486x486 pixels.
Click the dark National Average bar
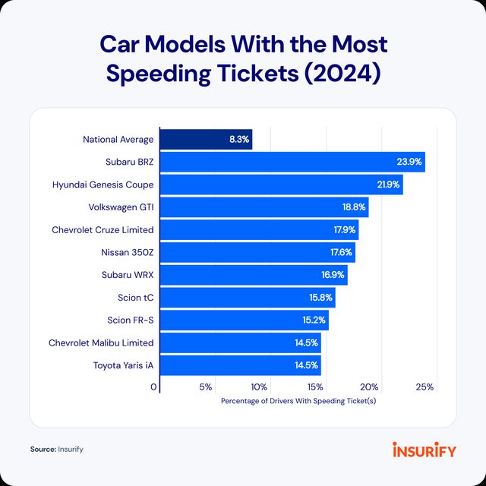(x=206, y=140)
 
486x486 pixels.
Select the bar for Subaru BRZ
(x=292, y=162)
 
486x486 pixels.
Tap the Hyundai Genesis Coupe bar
(x=281, y=185)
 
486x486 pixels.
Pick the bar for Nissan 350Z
(x=257, y=251)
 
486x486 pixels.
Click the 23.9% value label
(x=408, y=162)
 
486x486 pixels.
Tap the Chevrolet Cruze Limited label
(x=103, y=229)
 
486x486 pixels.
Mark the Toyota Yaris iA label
(x=123, y=364)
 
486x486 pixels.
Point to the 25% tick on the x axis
(x=425, y=387)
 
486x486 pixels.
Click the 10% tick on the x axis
(x=260, y=387)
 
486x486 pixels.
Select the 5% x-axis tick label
(x=206, y=387)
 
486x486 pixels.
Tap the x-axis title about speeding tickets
(x=298, y=401)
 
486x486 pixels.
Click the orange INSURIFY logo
(x=424, y=450)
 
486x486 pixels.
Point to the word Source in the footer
(x=43, y=450)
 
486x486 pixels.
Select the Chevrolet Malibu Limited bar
(x=240, y=342)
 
